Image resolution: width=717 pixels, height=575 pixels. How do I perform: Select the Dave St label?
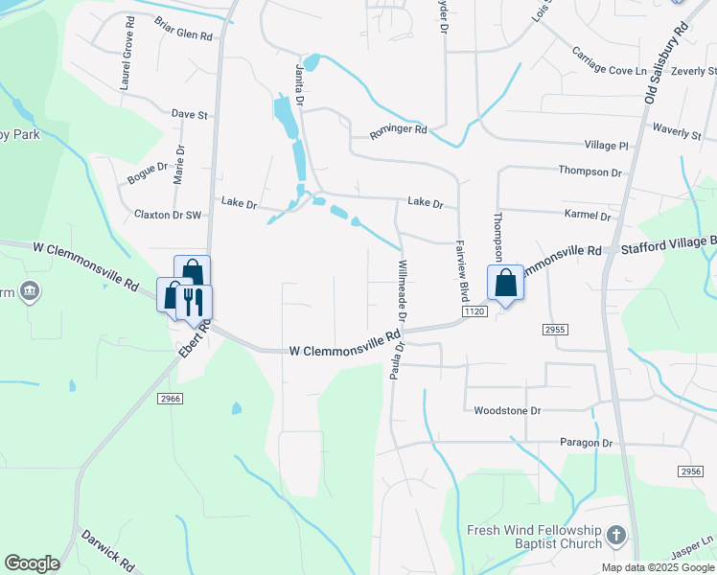click(x=189, y=115)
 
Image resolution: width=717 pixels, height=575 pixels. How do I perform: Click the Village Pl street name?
click(x=606, y=146)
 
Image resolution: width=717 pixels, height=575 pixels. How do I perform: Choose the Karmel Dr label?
click(x=589, y=216)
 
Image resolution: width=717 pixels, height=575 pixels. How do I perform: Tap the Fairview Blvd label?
click(x=461, y=271)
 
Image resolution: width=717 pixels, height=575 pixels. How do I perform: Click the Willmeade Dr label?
click(x=402, y=290)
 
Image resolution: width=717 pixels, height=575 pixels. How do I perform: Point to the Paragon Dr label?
click(x=586, y=443)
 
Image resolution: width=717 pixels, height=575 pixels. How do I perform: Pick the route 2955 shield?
click(x=555, y=330)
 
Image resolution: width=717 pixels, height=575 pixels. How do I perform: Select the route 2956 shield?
click(x=689, y=471)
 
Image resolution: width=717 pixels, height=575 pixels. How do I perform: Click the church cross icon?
click(x=616, y=535)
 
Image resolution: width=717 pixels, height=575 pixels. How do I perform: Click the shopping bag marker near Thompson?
click(x=505, y=283)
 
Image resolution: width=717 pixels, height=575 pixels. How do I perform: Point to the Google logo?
click(x=32, y=563)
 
